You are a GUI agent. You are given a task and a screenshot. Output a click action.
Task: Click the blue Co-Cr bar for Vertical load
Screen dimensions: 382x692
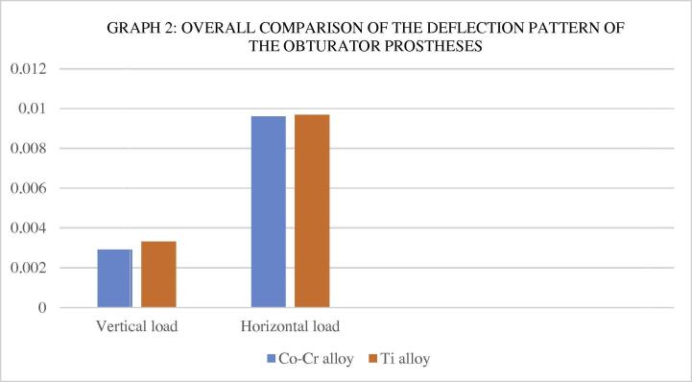[x=115, y=278]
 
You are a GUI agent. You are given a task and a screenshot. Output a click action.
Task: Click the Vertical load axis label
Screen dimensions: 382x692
[x=136, y=326]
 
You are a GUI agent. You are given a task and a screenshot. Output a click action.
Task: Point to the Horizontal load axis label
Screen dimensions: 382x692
[x=290, y=326]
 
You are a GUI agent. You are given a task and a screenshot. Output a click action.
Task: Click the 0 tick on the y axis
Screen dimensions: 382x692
[x=41, y=308]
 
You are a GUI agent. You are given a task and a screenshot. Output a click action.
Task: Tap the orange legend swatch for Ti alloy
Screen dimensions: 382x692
[x=368, y=359]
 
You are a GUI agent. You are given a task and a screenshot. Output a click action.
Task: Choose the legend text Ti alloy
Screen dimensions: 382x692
[x=401, y=359]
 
